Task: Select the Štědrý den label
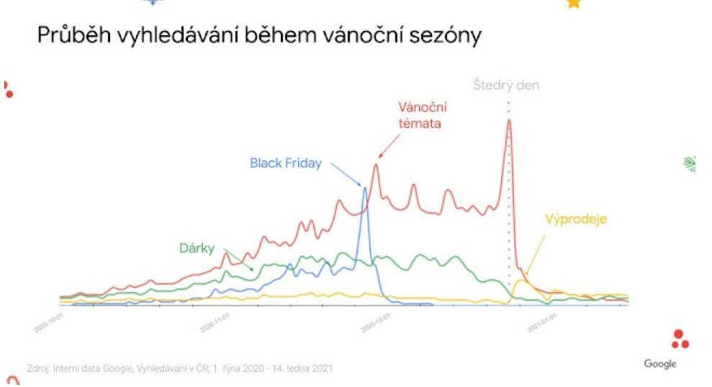pyautogui.click(x=506, y=85)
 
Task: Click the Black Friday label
pyautogui.click(x=286, y=163)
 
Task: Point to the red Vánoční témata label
pyautogui.click(x=423, y=115)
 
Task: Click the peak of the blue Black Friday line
pyautogui.click(x=365, y=188)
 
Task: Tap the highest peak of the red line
pyautogui.click(x=508, y=120)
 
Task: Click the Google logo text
pyautogui.click(x=660, y=364)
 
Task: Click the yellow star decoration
pyautogui.click(x=573, y=4)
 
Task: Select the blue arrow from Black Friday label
pyautogui.click(x=348, y=174)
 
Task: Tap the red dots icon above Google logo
pyautogui.click(x=680, y=339)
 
